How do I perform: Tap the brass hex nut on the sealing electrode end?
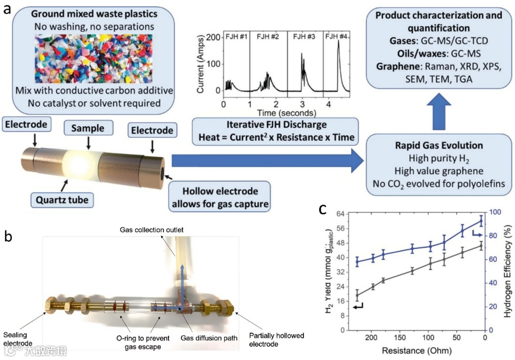point(52,306)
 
